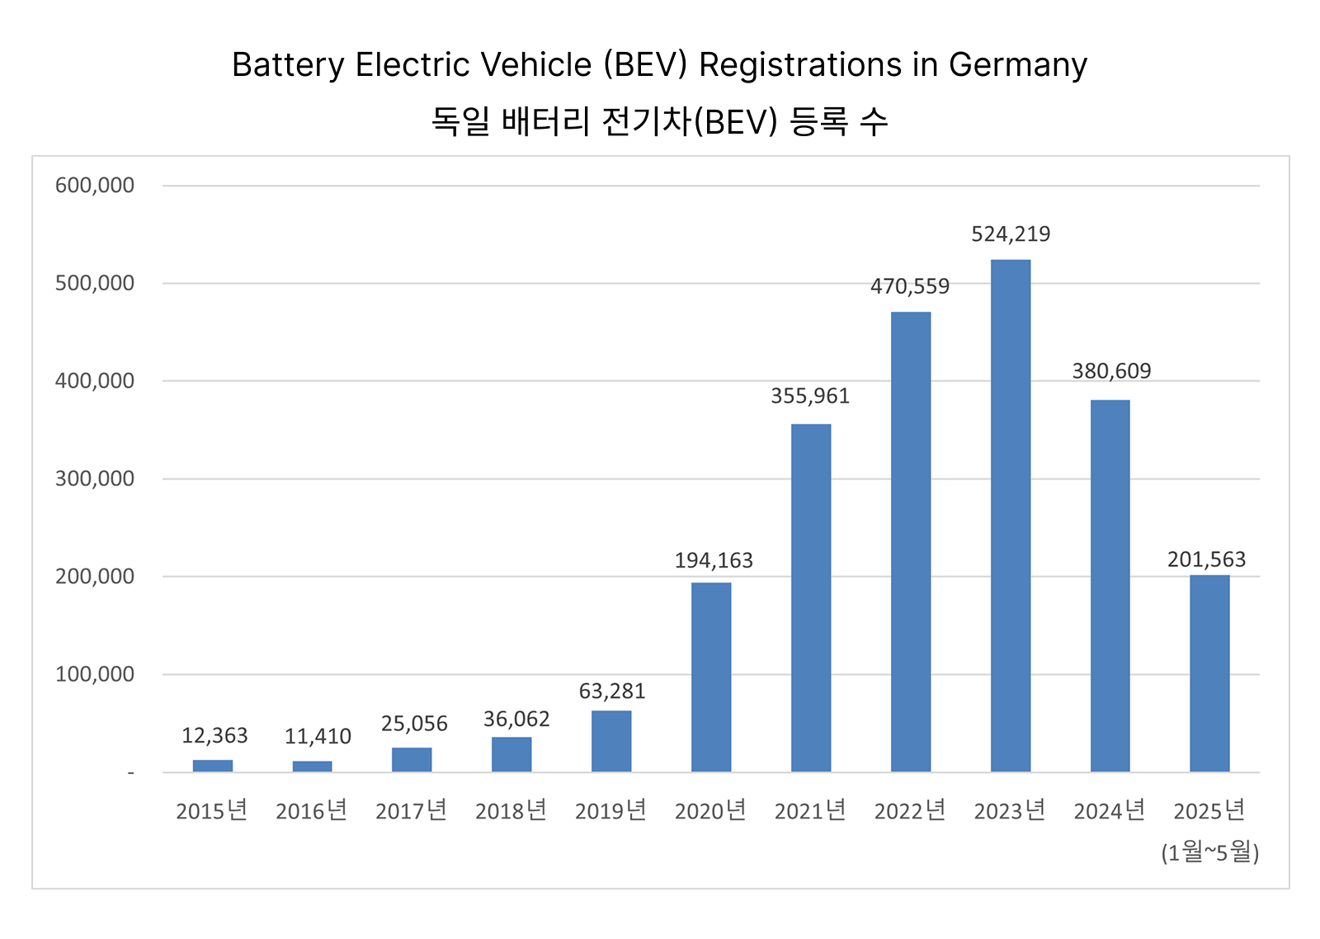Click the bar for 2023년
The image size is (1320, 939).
pos(1010,516)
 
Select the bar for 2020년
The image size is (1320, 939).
pos(710,677)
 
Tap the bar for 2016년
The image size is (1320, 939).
pos(312,767)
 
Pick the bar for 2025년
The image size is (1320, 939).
pos(1209,673)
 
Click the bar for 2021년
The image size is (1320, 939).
pos(810,598)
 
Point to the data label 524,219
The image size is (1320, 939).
pos(1011,234)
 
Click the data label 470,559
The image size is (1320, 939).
pos(910,286)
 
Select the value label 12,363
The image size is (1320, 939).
pos(214,735)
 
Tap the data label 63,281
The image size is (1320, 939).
pos(612,691)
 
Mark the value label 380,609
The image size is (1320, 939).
pos(1111,371)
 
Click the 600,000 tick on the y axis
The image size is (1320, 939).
pos(95,186)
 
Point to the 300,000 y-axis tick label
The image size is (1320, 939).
pos(95,479)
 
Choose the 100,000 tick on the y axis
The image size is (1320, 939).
pos(95,674)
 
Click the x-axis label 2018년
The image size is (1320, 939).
pos(511,811)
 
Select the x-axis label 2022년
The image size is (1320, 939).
pos(910,811)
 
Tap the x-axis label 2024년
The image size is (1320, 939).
pos(1110,811)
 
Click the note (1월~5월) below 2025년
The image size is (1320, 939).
pos(1209,852)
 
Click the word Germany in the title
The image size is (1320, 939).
pos(1017,65)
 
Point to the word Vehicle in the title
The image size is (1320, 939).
pos(535,65)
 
